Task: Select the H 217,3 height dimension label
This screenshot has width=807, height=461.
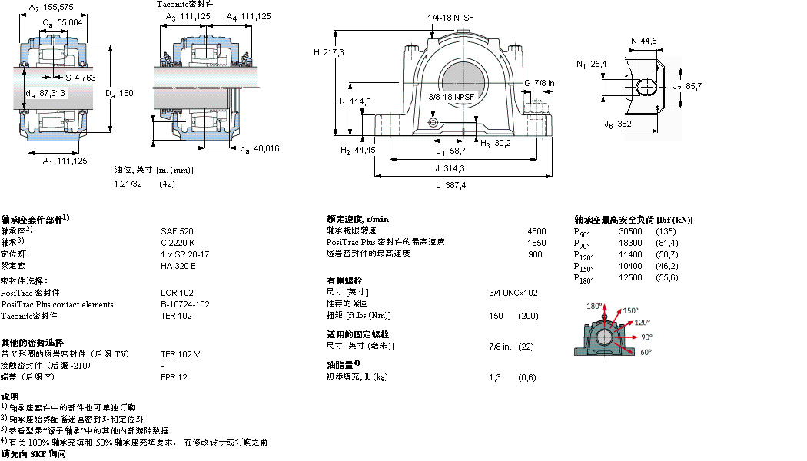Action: (x=328, y=52)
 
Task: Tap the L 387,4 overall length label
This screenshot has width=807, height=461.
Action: (x=450, y=185)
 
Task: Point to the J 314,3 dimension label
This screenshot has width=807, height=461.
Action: (x=451, y=168)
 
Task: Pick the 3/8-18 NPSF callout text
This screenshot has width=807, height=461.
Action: (x=451, y=97)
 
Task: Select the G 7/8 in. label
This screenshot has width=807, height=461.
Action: (x=540, y=83)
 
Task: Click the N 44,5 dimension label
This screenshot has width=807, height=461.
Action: (x=644, y=41)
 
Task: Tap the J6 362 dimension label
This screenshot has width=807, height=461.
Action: (x=618, y=124)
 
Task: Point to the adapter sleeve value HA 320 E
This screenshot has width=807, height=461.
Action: (x=178, y=265)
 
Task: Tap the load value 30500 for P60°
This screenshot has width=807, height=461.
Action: (x=631, y=231)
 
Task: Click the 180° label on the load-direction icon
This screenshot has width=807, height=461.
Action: (x=594, y=306)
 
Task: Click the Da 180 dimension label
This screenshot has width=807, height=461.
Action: (x=120, y=93)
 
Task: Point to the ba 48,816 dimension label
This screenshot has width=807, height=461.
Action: (x=257, y=148)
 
